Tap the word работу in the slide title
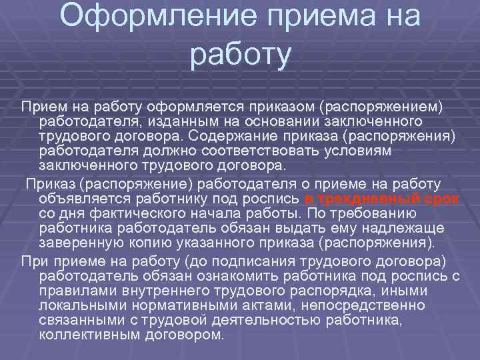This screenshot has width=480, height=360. tap(241, 55)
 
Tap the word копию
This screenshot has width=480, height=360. tap(160, 243)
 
